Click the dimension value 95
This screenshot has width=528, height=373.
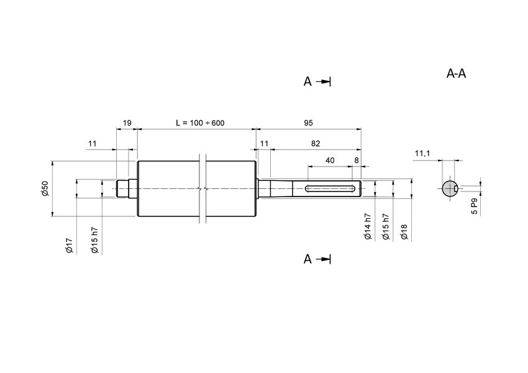(308, 123)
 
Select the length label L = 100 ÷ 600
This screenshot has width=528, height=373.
(200, 123)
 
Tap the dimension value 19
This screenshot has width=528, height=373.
(127, 123)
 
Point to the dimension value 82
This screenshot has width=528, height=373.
(315, 144)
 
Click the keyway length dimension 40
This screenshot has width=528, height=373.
(330, 160)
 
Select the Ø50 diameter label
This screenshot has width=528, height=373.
(45, 190)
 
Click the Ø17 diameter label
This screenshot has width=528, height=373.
(70, 245)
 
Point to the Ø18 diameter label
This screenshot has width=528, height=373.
(404, 232)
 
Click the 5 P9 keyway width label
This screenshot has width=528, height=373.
(474, 206)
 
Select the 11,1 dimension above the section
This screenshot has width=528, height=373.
(422, 153)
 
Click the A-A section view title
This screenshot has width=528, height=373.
(457, 74)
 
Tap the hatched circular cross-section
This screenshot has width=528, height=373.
(448, 188)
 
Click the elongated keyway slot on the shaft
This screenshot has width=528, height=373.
(330, 188)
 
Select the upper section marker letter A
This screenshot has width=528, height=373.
(307, 81)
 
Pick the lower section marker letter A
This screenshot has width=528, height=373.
(307, 259)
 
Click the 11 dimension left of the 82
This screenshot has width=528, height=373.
(264, 144)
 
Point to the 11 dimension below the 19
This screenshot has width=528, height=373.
(93, 144)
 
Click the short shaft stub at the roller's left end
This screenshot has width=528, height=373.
(123, 188)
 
